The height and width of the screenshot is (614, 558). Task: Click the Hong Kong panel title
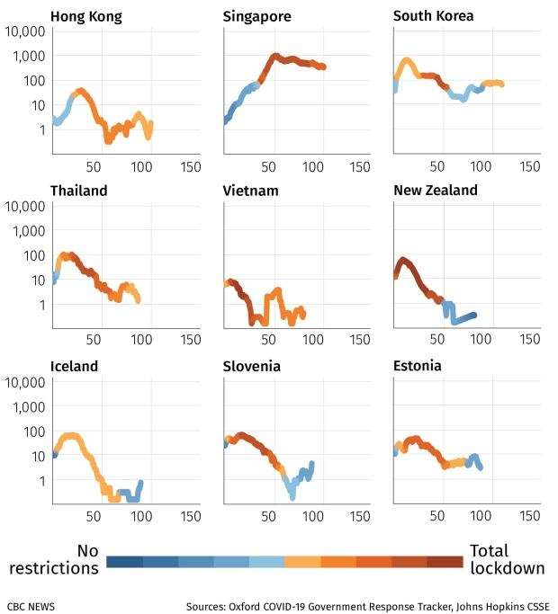(x=86, y=16)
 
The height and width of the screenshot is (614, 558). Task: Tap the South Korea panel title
(x=433, y=16)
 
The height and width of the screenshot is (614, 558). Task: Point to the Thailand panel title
(x=79, y=191)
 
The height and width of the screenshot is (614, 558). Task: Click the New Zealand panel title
(x=436, y=191)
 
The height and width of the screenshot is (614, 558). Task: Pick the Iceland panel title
(x=75, y=366)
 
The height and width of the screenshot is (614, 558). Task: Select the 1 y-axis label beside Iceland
(x=40, y=481)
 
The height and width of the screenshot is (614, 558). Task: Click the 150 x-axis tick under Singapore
(x=360, y=166)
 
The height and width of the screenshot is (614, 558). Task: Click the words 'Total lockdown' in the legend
(x=507, y=559)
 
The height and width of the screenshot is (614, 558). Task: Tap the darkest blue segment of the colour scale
(x=124, y=562)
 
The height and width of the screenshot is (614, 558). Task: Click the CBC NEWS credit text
(x=31, y=606)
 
